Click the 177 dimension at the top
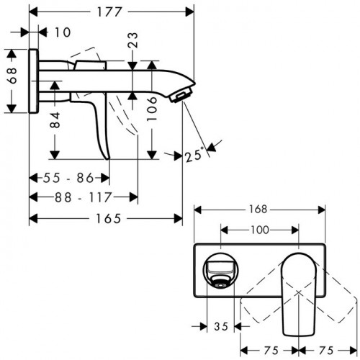coord(112,11)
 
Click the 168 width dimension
coord(259,210)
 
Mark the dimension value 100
coord(259,230)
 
